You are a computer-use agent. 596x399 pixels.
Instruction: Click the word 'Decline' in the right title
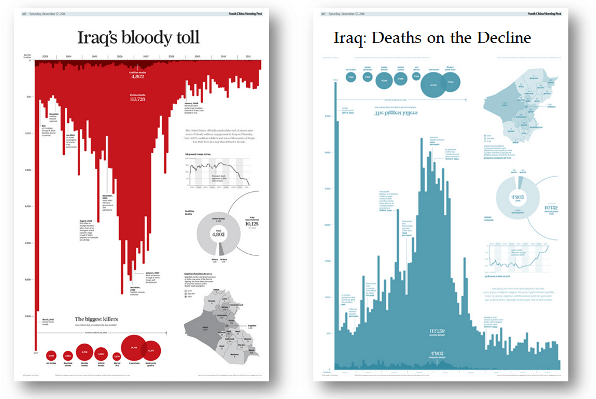coord(501,38)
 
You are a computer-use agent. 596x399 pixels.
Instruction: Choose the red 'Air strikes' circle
coord(51,355)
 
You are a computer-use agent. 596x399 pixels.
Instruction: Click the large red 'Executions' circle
coord(134,347)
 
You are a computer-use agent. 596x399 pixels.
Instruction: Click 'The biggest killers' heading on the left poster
coord(96,319)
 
